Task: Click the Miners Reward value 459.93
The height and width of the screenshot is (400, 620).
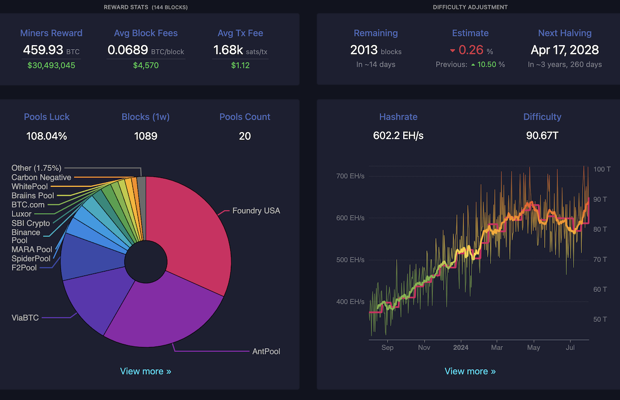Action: (43, 50)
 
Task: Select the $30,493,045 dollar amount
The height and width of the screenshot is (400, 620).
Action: (51, 65)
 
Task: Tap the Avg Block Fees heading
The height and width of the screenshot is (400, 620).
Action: (145, 33)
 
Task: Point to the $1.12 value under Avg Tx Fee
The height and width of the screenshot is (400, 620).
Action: (240, 65)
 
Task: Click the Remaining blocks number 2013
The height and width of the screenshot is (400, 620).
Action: (364, 50)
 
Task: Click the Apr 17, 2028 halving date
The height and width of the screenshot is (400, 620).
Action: (565, 50)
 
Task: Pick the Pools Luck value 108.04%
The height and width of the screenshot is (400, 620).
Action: (46, 136)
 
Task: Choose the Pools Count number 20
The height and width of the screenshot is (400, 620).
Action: (245, 136)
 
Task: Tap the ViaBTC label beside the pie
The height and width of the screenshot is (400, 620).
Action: (25, 317)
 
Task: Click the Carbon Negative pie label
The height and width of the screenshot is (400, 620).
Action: (41, 177)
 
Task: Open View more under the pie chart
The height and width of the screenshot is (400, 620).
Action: (145, 371)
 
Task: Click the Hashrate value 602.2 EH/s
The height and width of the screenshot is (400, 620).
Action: (398, 136)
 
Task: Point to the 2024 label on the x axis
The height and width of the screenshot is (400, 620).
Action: (461, 347)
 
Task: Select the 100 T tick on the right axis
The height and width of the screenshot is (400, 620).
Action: (602, 169)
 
